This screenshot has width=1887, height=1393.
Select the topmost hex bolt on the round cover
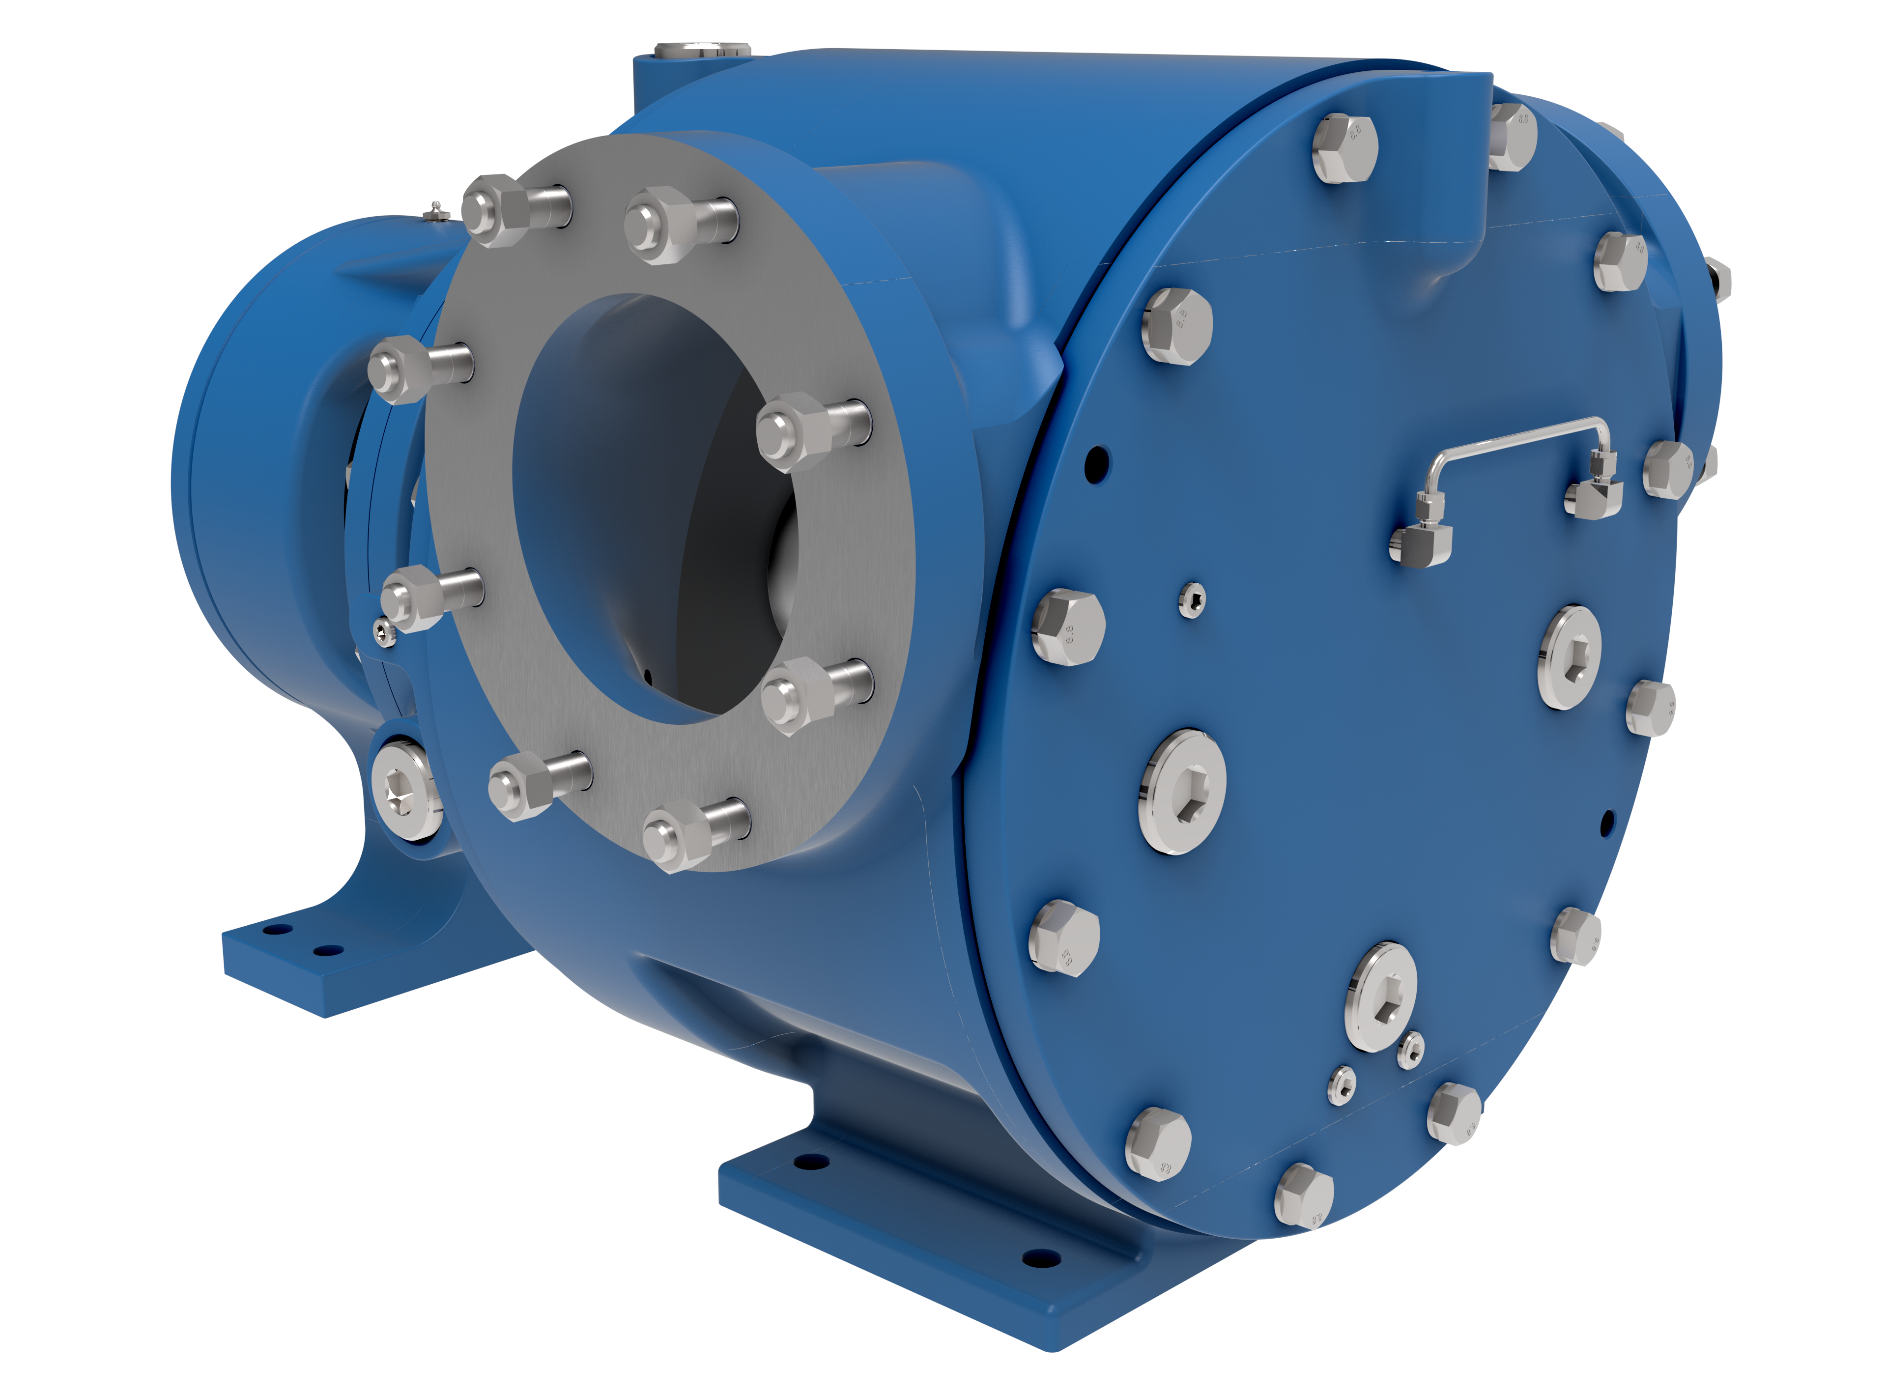(1345, 148)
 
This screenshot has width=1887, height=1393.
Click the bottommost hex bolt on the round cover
(1304, 1195)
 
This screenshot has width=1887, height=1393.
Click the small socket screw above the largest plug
(1191, 599)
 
